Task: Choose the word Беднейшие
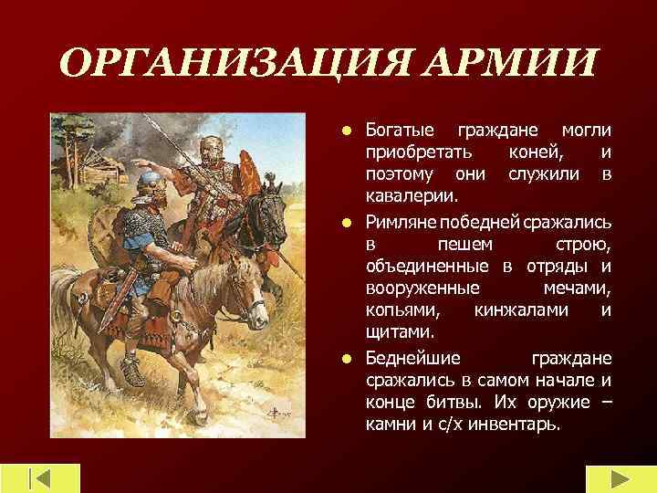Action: tap(412, 358)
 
